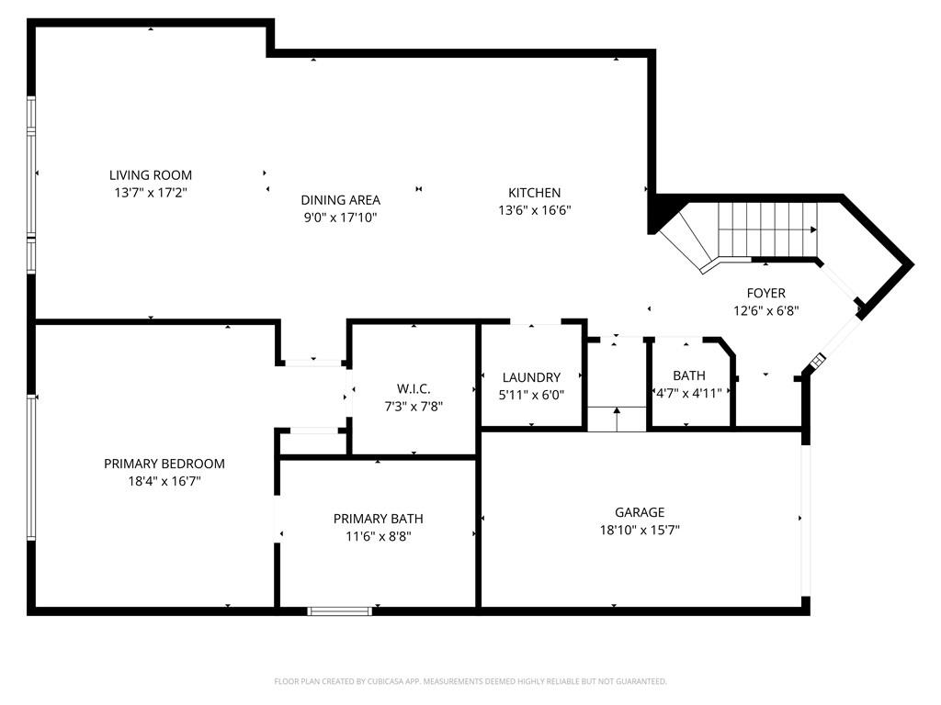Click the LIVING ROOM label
tap(151, 175)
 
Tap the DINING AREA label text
tap(340, 200)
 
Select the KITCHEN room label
tap(534, 193)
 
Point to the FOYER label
tap(765, 293)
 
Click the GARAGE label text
tap(640, 512)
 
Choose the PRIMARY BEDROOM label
tap(164, 464)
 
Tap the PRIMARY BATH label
tap(378, 519)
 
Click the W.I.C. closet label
tap(414, 389)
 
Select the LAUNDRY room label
tap(531, 377)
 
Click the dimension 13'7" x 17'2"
tap(151, 192)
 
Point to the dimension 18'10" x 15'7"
tap(640, 530)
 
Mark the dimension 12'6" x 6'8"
tap(765, 310)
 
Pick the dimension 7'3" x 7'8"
tap(414, 406)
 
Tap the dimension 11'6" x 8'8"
tap(378, 536)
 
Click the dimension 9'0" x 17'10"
tap(340, 218)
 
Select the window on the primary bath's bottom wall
tap(340, 610)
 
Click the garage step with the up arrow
tap(617, 418)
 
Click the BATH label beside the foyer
tap(689, 375)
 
